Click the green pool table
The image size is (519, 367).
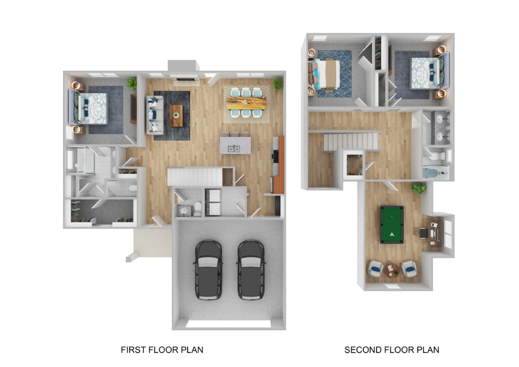(392, 225)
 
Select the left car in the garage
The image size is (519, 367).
(208, 270)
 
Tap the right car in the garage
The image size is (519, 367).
(251, 270)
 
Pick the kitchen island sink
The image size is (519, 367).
(234, 149)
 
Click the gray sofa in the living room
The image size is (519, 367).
(155, 115)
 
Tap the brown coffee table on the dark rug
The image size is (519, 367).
(176, 116)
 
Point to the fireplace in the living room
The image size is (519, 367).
(184, 81)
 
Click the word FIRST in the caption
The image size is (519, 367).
(133, 350)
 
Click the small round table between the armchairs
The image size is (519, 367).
(392, 270)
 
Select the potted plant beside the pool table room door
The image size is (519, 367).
(419, 189)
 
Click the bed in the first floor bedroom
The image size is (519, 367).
(89, 108)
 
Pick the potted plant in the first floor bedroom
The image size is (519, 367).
(132, 84)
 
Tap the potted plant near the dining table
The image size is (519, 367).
(278, 84)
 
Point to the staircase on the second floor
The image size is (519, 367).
(351, 141)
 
